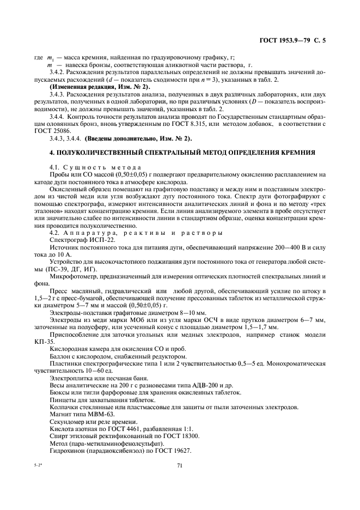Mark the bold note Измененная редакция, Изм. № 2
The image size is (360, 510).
point(100,87)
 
